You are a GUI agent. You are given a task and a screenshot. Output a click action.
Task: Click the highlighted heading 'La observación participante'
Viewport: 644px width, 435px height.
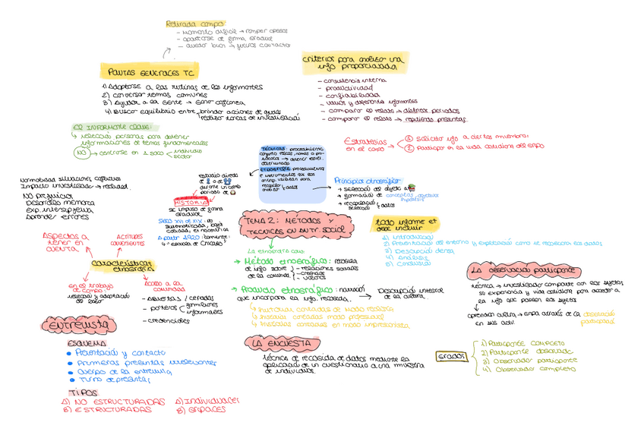point(520,270)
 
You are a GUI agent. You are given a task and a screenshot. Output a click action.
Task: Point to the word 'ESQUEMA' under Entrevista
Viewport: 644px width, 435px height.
point(81,343)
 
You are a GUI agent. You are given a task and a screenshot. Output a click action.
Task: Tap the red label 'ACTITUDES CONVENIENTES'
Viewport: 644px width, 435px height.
point(127,239)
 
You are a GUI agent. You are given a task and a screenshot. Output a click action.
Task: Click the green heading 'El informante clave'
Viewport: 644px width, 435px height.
point(111,127)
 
